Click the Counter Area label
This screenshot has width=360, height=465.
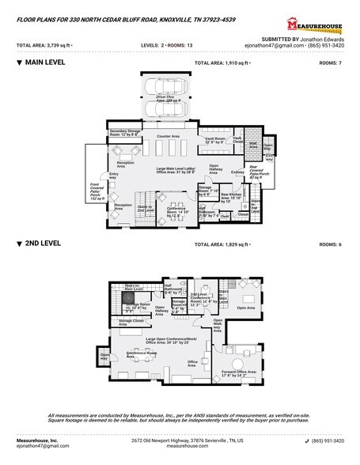click(x=168, y=137)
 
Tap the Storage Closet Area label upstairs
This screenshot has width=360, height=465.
click(x=131, y=322)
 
